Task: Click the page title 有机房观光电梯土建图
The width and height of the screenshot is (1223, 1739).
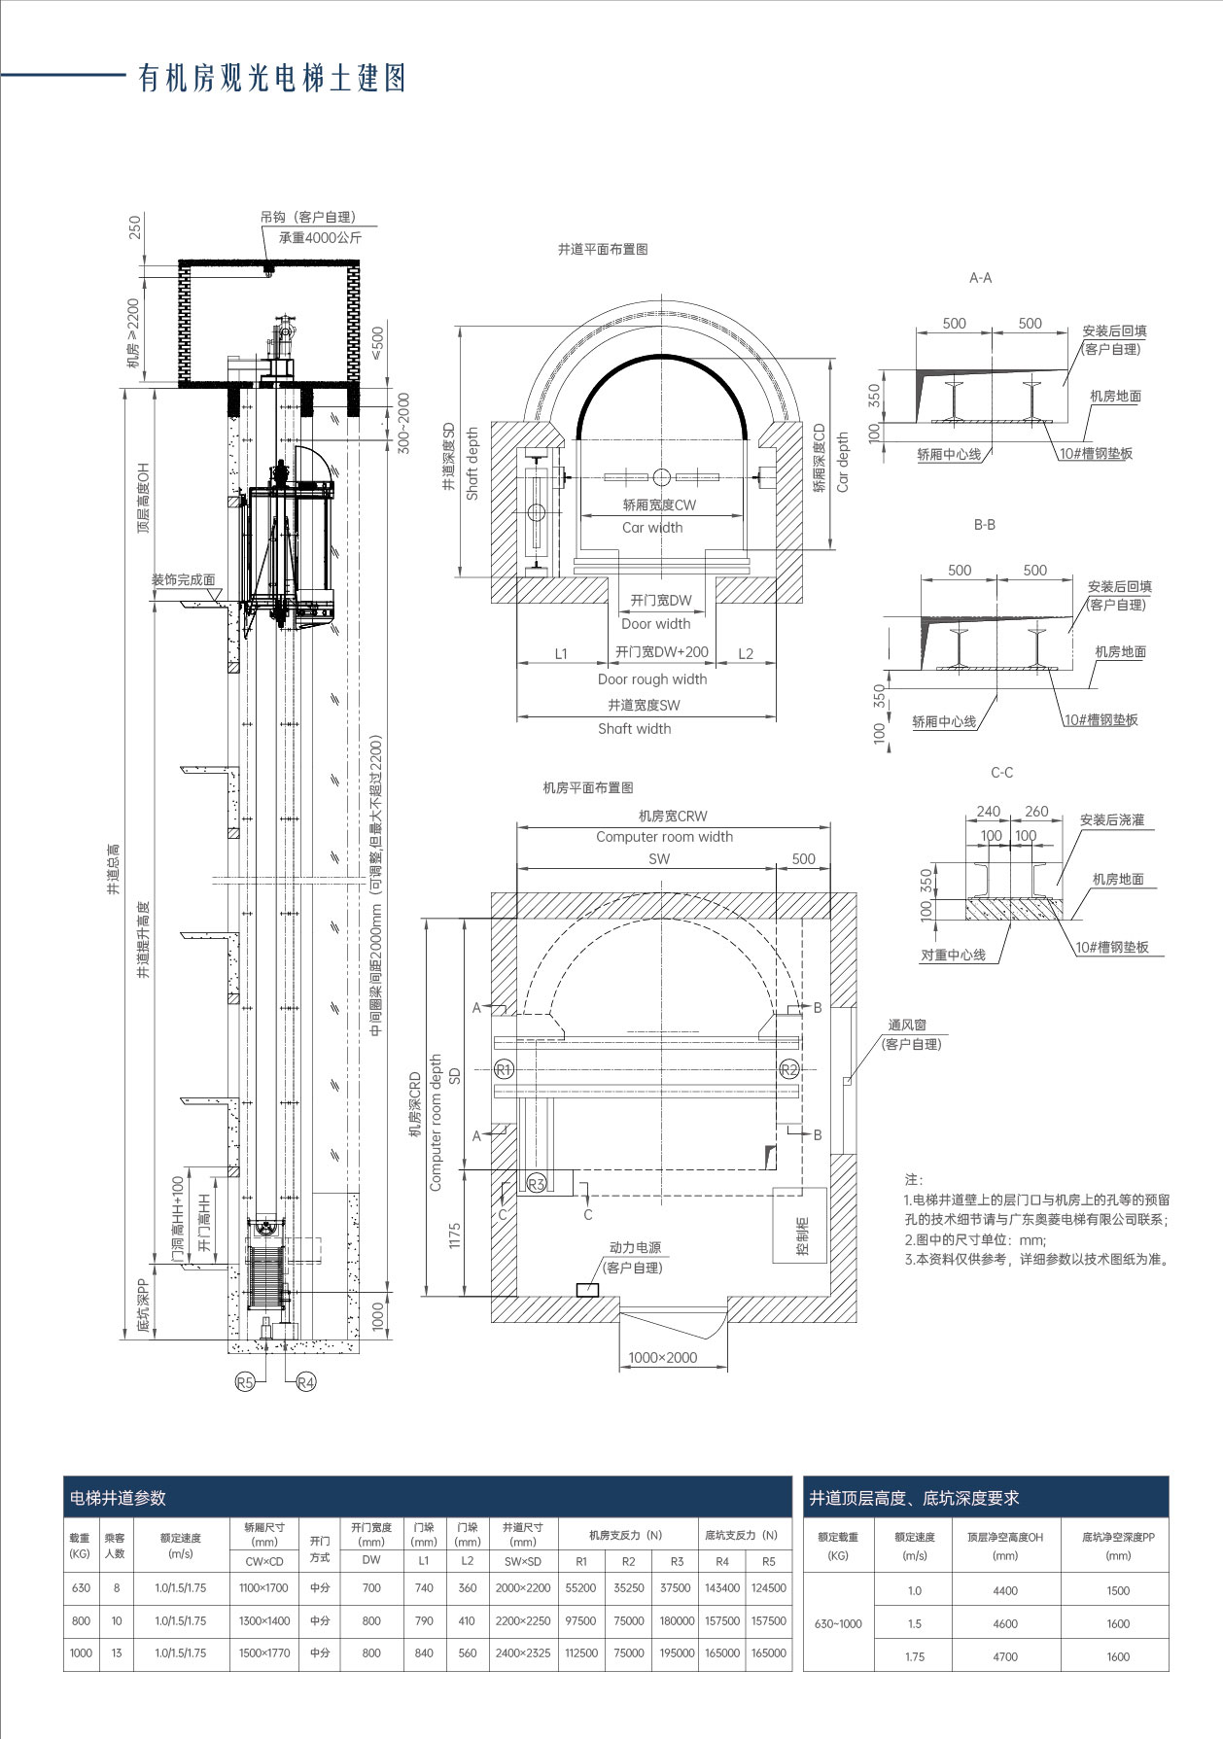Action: [272, 79]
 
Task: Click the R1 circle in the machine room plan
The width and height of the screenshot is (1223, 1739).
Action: [504, 1070]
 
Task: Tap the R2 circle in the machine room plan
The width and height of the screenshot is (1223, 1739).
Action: [789, 1070]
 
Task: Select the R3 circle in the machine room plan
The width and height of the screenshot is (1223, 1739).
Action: [537, 1183]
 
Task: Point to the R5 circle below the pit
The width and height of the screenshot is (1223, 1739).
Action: [246, 1381]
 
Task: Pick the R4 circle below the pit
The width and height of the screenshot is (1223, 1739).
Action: [306, 1381]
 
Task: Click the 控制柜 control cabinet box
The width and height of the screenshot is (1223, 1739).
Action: [801, 1226]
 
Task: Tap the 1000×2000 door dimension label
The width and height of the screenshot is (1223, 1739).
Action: [663, 1357]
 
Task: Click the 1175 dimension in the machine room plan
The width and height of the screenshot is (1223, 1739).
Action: [455, 1237]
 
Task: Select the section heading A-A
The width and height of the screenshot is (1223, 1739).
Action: [980, 278]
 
